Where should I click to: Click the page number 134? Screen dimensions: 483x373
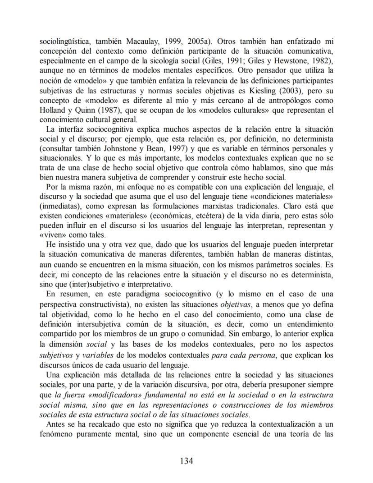pos(186,461)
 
